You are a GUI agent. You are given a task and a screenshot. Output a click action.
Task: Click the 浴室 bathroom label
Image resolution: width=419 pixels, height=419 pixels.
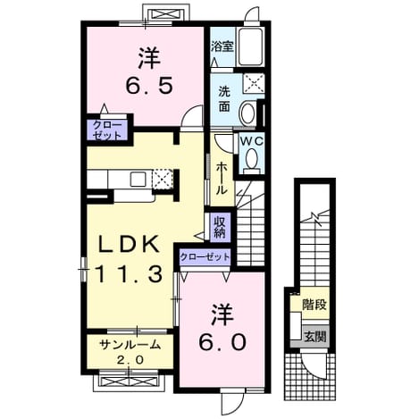[222, 46]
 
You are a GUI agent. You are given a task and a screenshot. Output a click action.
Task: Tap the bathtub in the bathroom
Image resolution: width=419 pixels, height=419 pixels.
[251, 46]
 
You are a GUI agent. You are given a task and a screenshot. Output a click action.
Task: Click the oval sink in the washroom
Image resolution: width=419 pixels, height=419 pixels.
[247, 113]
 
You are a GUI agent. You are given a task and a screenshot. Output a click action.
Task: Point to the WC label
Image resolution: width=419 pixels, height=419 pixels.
[252, 142]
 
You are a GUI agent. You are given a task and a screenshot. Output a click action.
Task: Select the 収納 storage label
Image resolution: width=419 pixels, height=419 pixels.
[221, 227]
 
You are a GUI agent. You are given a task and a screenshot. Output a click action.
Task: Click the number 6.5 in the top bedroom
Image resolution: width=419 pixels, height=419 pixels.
[149, 86]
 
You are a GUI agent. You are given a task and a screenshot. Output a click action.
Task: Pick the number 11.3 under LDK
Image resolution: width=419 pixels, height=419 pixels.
[129, 274]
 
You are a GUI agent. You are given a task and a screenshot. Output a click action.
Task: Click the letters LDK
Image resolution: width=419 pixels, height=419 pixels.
[129, 244]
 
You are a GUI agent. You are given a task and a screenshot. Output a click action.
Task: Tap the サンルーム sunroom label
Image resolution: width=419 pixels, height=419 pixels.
[130, 345]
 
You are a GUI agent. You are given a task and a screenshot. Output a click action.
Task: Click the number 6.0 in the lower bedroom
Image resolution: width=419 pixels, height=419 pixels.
[222, 342]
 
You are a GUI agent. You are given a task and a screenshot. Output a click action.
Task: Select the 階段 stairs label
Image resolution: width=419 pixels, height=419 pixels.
[314, 305]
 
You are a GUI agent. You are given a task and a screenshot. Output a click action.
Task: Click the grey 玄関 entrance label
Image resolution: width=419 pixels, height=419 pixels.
[314, 337]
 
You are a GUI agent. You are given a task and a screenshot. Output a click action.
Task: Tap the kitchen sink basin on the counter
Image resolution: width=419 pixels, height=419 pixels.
[138, 180]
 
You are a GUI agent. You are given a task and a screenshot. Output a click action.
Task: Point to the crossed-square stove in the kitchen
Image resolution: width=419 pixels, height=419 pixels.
[163, 179]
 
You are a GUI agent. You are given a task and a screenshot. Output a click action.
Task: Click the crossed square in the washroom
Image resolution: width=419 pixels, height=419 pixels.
[254, 82]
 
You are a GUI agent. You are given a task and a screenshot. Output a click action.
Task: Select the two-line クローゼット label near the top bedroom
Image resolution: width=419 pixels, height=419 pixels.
[107, 130]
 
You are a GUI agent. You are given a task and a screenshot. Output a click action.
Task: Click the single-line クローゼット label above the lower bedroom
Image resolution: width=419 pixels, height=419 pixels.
[205, 256]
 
